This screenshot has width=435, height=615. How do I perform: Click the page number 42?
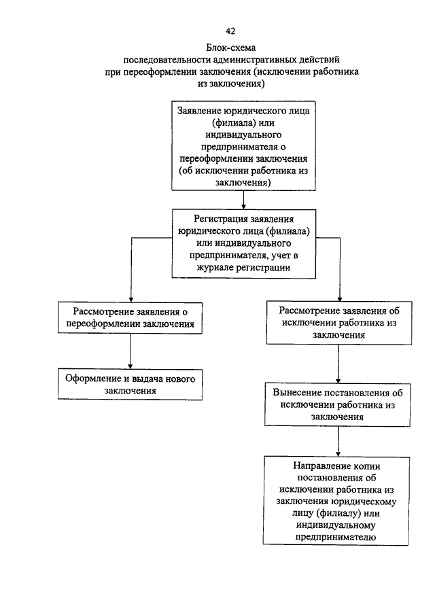click(230, 31)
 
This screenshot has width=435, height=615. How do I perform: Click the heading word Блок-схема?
click(231, 48)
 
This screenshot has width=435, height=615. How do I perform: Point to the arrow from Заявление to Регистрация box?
click(243, 200)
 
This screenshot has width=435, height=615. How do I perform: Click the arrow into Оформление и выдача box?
click(130, 351)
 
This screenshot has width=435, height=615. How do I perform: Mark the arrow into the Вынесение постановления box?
click(338, 364)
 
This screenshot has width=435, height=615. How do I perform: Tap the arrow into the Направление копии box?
click(338, 441)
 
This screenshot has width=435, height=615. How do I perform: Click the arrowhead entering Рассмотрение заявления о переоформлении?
click(131, 299)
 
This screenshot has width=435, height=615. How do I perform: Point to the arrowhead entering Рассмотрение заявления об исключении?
click(340, 298)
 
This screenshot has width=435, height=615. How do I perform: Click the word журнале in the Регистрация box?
click(215, 268)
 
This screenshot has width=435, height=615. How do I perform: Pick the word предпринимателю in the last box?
click(336, 537)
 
